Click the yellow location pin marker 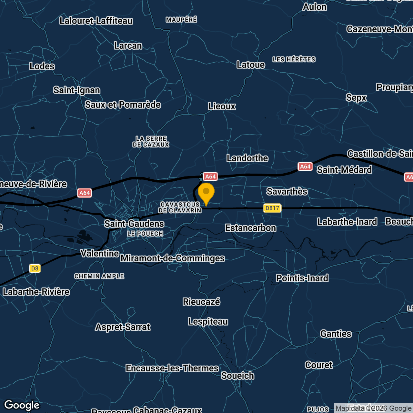coord(206,193)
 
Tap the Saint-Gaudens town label coord(134,224)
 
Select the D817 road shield coord(272,208)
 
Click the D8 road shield coord(35,268)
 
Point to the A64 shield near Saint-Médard coord(305,166)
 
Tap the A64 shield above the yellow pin coord(210,176)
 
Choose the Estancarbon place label coord(251,228)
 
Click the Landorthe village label coord(247,158)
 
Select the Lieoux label coord(222,106)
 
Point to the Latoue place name coord(251,65)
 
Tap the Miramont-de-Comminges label coord(173,258)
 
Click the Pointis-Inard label coord(302,278)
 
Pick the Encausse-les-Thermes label coord(172,368)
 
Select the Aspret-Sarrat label coord(123,327)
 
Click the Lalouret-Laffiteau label coord(96,21)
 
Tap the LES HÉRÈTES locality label coord(294,59)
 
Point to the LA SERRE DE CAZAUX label coord(151,142)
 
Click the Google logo coord(22,405)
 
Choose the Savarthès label coord(287,191)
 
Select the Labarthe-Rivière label coord(36,292)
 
